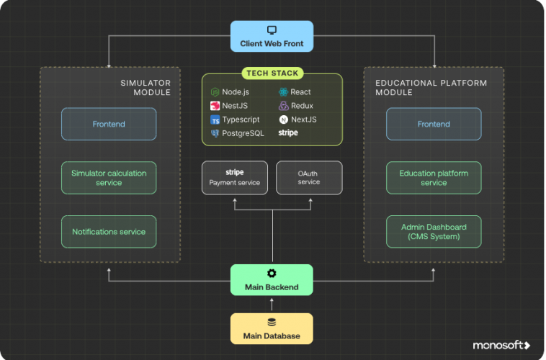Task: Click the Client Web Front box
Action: (x=272, y=36)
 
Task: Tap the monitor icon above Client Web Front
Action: (x=272, y=30)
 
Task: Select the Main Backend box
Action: (x=272, y=279)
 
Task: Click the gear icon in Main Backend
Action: (x=272, y=274)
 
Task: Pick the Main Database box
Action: (x=272, y=328)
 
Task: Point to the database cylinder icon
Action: (x=272, y=323)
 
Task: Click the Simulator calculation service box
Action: (x=109, y=178)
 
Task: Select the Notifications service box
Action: (x=109, y=232)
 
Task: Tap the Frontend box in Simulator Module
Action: (x=109, y=124)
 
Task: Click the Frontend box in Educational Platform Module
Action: (x=434, y=124)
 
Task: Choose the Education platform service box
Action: (x=434, y=178)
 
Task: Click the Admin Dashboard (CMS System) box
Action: (x=434, y=232)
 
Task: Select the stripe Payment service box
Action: (x=235, y=178)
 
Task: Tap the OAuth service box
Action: (x=308, y=178)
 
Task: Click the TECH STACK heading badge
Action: (x=272, y=73)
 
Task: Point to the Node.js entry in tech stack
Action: (x=230, y=92)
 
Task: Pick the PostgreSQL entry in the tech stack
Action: (x=237, y=133)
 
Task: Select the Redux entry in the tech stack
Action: (x=296, y=106)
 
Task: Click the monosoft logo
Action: (x=501, y=346)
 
